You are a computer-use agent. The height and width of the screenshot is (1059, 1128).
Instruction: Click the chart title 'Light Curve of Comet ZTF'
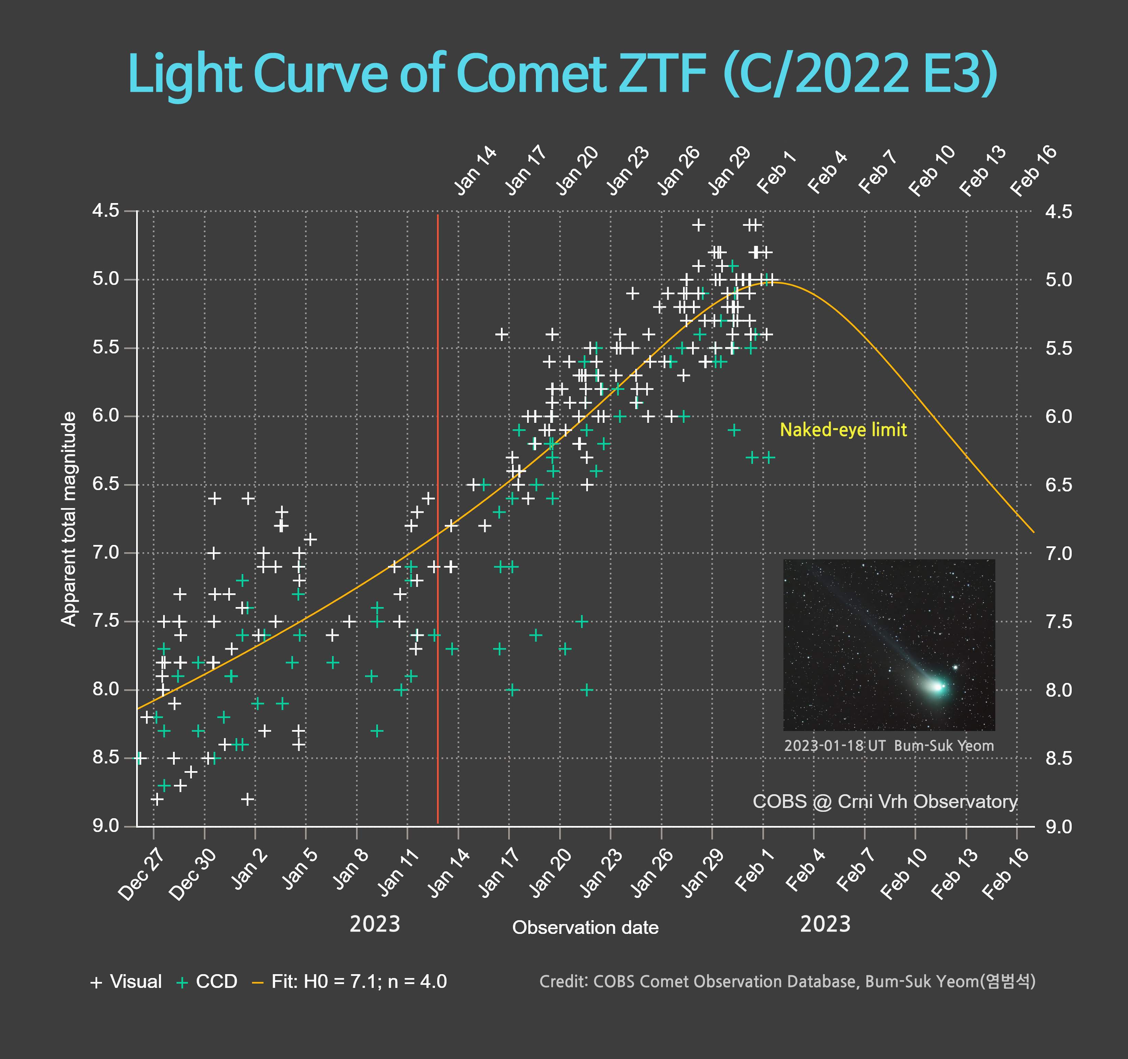[x=562, y=74]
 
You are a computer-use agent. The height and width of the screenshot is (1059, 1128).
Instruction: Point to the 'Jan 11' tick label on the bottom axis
[x=399, y=874]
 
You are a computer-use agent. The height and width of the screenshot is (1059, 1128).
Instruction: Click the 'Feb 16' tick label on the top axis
[x=1034, y=170]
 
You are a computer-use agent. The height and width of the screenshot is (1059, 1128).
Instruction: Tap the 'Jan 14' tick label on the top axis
[x=476, y=170]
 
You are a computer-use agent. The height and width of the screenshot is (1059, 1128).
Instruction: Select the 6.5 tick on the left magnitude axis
[x=106, y=484]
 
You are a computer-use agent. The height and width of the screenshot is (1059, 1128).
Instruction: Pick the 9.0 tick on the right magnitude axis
[x=1059, y=826]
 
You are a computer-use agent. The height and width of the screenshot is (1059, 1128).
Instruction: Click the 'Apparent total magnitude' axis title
[x=69, y=519]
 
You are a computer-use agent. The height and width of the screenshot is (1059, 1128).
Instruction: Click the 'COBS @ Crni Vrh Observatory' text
[x=885, y=802]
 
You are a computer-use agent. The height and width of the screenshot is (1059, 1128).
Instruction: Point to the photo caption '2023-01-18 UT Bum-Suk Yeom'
[x=889, y=745]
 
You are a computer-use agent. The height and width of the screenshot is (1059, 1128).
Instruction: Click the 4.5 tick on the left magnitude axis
[x=106, y=211]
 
